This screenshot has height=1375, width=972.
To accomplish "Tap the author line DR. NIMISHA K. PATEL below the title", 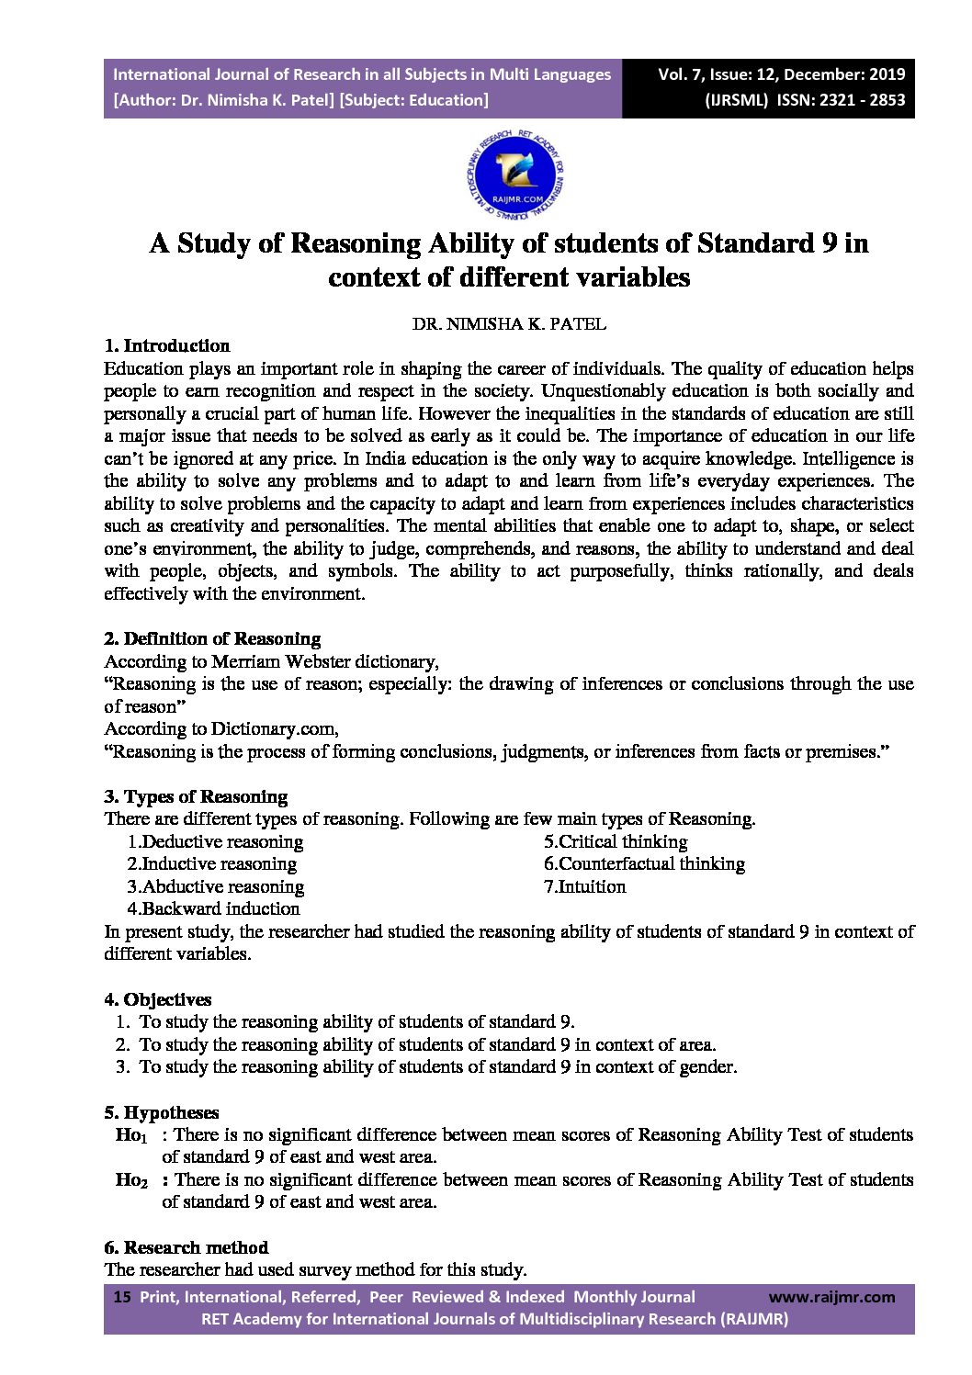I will pos(509,324).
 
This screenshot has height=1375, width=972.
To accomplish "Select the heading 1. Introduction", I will pos(167,346).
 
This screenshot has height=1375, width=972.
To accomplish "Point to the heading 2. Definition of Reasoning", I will pos(212,639).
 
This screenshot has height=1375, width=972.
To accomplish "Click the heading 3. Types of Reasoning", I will pos(196,797).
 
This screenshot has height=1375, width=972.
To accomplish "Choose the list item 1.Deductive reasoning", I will pos(215,842).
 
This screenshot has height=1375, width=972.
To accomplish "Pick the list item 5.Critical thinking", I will pos(616,842).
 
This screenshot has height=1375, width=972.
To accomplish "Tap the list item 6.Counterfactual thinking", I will pos(644,864).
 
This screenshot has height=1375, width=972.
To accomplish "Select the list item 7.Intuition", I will pos(584,887).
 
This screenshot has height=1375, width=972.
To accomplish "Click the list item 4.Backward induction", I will pos(213,909).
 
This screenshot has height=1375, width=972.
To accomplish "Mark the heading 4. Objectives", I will pos(158,1000).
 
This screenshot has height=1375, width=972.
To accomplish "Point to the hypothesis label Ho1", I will pos(130,1136).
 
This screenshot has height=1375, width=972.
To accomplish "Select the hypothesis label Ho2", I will pos(130,1181).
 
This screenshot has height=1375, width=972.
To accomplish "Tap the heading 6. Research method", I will pos(186,1248).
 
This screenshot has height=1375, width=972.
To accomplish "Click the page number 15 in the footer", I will pos(121,1298).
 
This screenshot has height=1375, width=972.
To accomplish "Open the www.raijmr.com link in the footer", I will pos(831,1298).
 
